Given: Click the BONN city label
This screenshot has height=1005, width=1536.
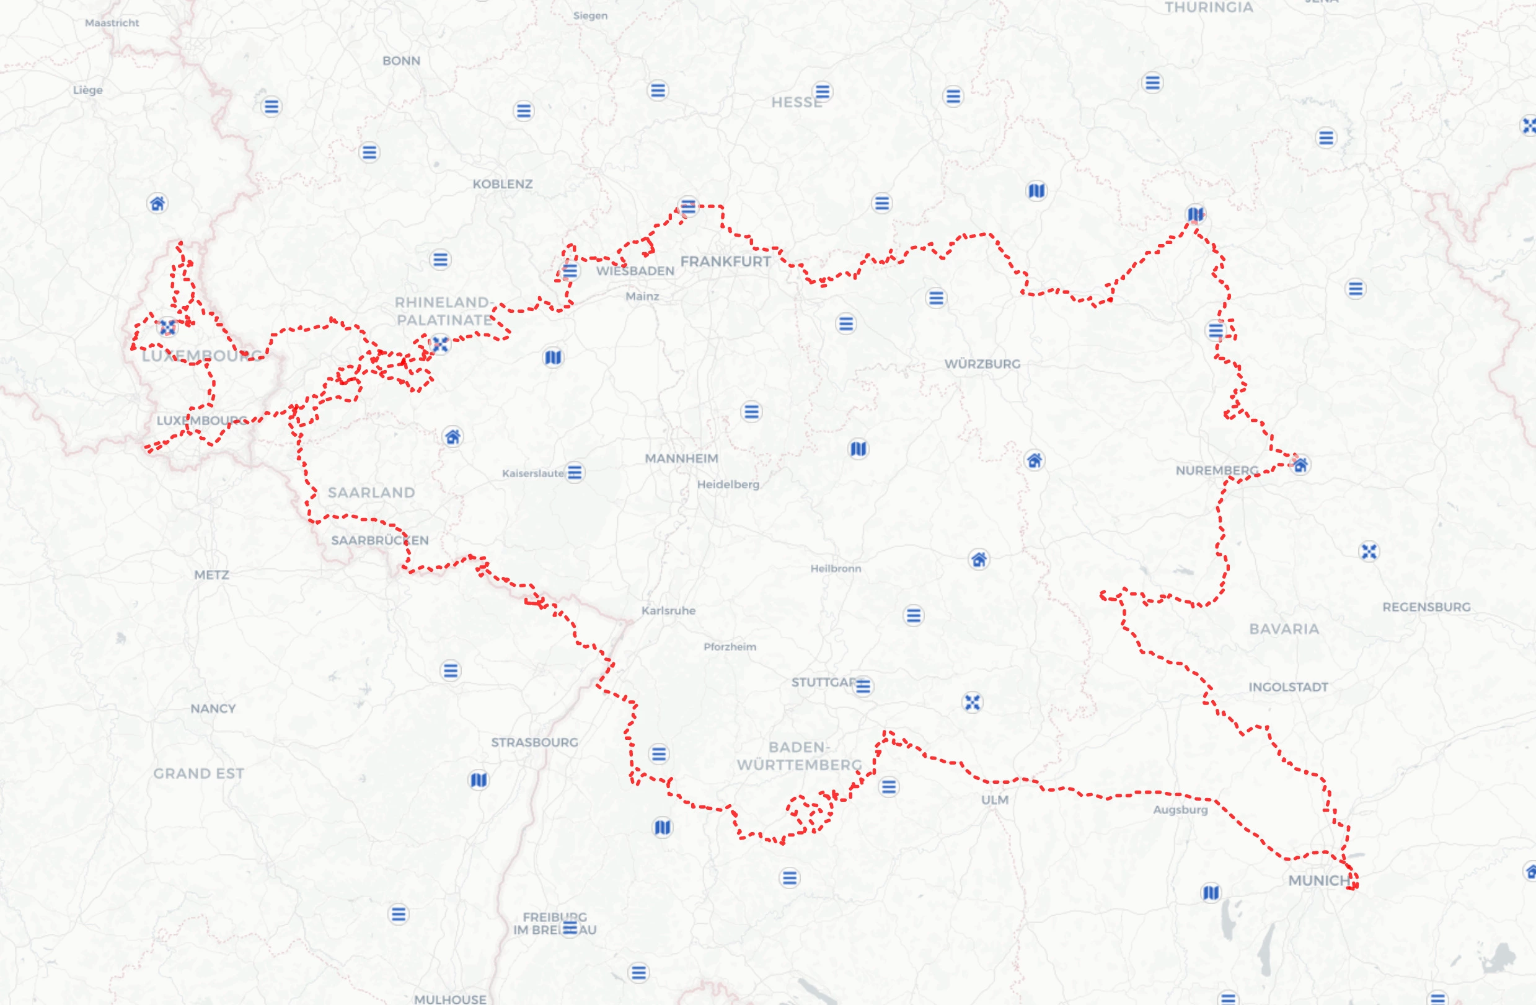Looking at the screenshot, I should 401,61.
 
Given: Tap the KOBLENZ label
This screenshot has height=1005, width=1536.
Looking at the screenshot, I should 502,184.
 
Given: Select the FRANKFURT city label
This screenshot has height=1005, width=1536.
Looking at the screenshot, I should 725,261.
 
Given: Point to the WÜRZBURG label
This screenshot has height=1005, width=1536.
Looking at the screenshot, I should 982,364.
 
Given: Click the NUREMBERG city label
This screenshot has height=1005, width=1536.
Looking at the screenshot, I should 1216,470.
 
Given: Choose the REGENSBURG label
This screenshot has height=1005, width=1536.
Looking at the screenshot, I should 1426,607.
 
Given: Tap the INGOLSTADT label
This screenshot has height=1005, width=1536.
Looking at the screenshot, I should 1287,687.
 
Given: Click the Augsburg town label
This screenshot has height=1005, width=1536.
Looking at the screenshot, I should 1180,810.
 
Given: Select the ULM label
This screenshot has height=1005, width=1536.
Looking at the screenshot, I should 994,800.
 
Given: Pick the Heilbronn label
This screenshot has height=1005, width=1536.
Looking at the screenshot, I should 835,568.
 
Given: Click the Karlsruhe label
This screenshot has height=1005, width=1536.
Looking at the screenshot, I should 668,610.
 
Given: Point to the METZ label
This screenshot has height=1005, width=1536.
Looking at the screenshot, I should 212,575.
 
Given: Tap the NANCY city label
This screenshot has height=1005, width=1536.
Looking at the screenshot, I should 213,708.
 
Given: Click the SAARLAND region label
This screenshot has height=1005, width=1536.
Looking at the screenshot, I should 371,493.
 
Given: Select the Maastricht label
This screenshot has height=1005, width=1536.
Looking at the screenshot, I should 112,22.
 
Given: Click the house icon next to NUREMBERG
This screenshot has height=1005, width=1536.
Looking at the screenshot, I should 1300,465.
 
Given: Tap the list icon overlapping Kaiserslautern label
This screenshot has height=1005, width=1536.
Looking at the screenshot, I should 574,472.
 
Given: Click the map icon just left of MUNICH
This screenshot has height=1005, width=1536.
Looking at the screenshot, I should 1211,893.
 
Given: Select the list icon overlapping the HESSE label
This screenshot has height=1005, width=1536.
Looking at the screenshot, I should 821,92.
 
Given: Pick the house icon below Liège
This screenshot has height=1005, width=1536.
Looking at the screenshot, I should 157,204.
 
